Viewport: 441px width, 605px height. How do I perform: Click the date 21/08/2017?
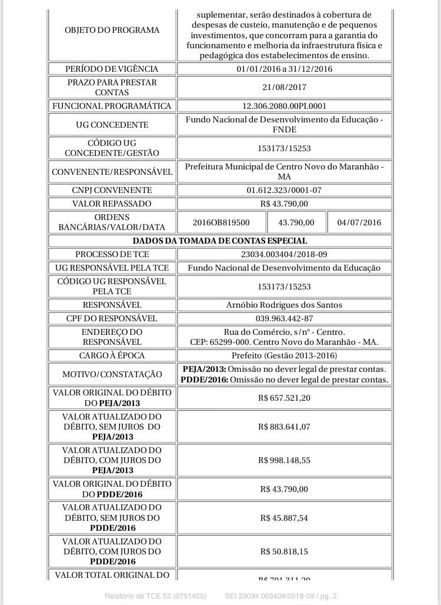tap(284, 87)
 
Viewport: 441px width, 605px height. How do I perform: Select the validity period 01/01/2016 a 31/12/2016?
tap(284, 69)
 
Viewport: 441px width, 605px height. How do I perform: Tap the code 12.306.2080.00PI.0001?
tap(284, 106)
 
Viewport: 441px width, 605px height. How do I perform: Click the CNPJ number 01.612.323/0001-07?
tap(284, 190)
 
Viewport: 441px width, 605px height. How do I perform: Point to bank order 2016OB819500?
tap(221, 222)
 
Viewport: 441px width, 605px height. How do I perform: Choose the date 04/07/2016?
tap(359, 222)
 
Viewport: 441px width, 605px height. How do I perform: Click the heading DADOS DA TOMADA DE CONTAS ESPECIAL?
tap(220, 241)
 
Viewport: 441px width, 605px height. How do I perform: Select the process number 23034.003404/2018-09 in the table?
tap(284, 254)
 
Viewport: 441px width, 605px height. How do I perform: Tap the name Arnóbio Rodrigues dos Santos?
tap(284, 305)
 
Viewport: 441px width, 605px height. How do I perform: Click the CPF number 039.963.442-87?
tap(284, 318)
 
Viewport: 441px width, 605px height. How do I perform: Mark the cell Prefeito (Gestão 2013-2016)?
tap(284, 355)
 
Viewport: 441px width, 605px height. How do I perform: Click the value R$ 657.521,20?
tap(284, 398)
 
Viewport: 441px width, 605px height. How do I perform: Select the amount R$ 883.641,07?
tap(284, 427)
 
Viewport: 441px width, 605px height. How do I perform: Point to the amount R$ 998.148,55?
tap(284, 460)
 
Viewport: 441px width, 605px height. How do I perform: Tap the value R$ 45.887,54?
tap(284, 518)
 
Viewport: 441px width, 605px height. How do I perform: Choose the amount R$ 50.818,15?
tap(284, 551)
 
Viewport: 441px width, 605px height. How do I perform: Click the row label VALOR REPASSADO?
tap(112, 204)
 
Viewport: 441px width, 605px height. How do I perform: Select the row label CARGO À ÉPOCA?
tap(112, 355)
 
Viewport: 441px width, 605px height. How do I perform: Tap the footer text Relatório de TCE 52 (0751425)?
tap(155, 596)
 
